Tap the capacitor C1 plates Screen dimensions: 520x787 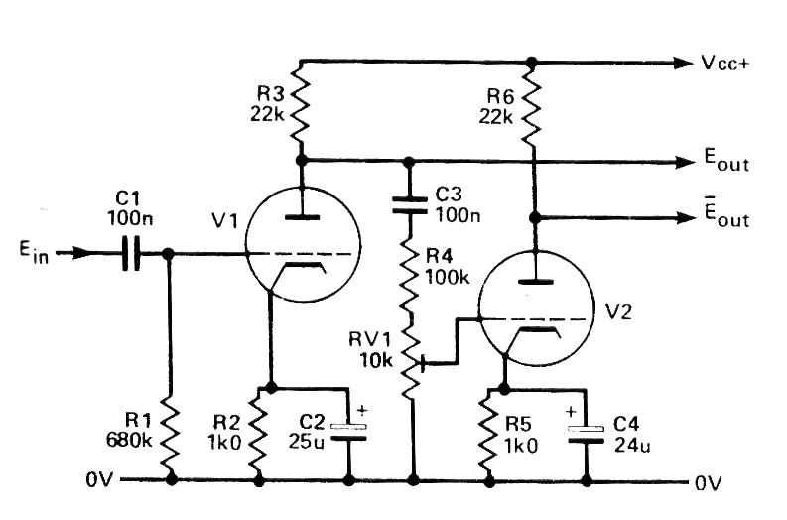[x=131, y=254]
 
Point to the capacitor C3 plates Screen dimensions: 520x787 [x=409, y=204]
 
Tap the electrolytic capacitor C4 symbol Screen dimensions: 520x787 [x=585, y=433]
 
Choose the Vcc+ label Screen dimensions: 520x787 [x=726, y=63]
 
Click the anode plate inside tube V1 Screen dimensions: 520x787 [x=301, y=216]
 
